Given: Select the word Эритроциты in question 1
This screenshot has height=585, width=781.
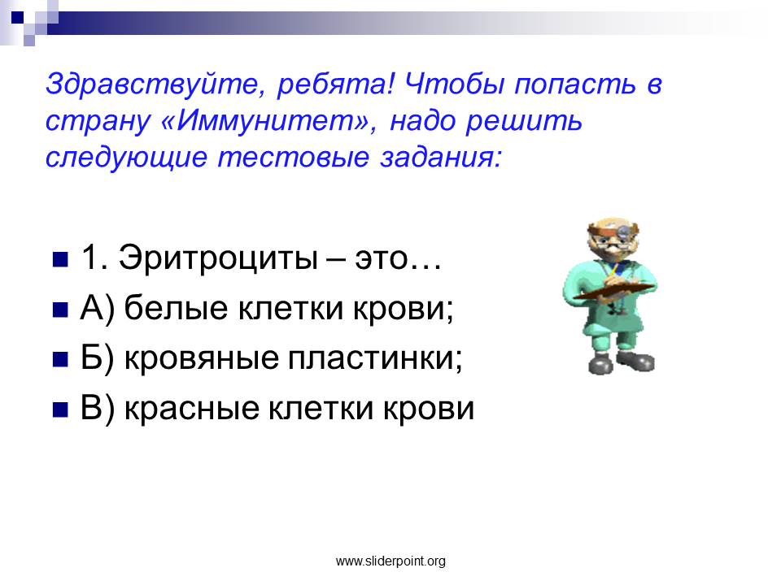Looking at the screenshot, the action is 218,258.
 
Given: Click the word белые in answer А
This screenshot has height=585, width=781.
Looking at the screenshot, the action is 176,307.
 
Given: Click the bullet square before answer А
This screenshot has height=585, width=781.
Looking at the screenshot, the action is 60,310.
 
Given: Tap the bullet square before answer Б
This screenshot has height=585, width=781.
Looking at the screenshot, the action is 60,359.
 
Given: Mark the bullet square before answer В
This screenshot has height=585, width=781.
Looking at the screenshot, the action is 60,409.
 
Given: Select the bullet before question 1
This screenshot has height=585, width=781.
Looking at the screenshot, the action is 60,260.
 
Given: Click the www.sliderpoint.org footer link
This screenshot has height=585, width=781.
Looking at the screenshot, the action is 390,561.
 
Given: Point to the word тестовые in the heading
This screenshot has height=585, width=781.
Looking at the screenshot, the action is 294,158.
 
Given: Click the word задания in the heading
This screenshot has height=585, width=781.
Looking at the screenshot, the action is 441,158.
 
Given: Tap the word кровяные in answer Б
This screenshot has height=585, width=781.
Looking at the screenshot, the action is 201,358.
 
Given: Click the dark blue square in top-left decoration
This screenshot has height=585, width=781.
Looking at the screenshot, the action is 17,17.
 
